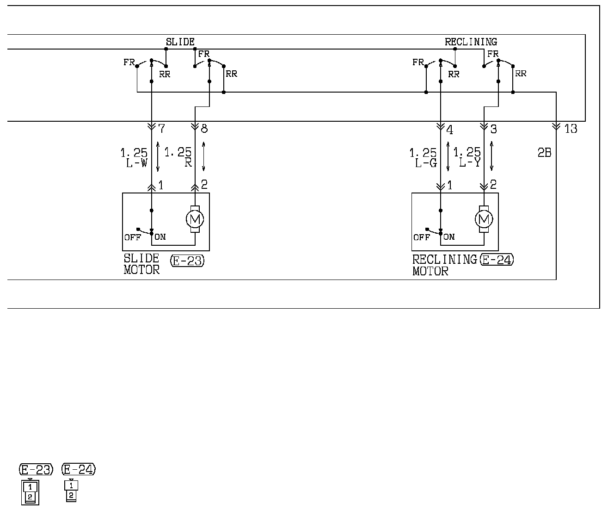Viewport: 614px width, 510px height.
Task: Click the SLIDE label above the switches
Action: click(180, 42)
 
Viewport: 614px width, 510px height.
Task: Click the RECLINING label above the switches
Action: click(471, 42)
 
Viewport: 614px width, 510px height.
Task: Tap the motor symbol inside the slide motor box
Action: click(195, 219)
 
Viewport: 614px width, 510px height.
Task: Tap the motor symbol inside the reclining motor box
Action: click(484, 219)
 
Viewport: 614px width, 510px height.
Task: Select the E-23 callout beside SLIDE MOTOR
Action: click(187, 261)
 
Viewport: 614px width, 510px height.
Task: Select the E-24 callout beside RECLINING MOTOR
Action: click(497, 260)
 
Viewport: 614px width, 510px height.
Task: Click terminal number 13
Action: click(571, 129)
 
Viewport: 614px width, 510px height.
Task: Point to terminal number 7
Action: click(161, 129)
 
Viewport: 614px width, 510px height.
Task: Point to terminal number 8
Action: click(204, 129)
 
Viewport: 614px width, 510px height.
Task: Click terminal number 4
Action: click(450, 129)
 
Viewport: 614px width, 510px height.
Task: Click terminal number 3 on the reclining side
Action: click(493, 129)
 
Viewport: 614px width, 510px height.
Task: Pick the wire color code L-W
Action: click(136, 163)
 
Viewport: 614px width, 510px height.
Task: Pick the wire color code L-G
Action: click(425, 163)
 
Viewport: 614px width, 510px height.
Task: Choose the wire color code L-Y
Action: click(469, 163)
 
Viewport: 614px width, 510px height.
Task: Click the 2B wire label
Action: click(544, 153)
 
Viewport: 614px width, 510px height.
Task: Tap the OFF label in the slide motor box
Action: click(132, 237)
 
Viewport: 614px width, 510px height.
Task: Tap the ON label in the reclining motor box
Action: click(449, 237)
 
